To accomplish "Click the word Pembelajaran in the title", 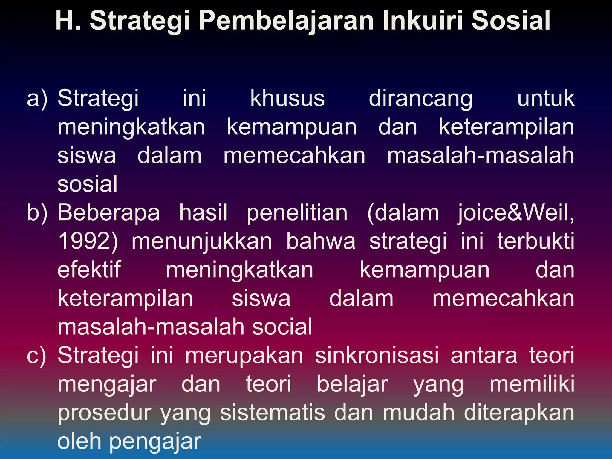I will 286,21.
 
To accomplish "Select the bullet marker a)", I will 37,99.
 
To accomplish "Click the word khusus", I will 287,98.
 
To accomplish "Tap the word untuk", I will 546,98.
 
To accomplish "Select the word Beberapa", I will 108,213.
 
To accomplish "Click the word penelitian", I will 297,213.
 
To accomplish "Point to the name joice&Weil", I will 515,213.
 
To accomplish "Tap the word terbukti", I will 535,241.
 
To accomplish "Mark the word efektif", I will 89,270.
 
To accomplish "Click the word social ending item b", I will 282,327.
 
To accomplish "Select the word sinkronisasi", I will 377,355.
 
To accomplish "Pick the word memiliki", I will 532,384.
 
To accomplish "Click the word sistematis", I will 273,413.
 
